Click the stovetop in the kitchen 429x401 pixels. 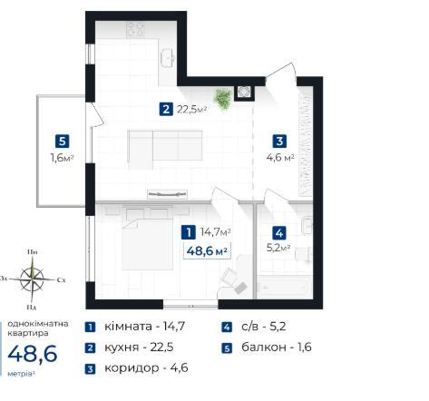pos(135,29)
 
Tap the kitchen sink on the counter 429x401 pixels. pos(168,57)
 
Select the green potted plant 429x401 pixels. pos(223,99)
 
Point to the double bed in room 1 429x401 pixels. pos(147,243)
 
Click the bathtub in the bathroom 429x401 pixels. pos(284,286)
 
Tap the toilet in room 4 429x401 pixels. pos(303,254)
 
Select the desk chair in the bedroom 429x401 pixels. pos(229,277)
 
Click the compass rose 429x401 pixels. pos(32,279)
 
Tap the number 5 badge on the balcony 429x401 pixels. pos(63,142)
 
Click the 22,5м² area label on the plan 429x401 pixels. pos(191,109)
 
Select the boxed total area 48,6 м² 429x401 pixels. pos(207,250)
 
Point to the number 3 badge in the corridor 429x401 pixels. pos(279,142)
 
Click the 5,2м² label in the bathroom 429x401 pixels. pos(278,248)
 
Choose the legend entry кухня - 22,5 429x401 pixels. pos(139,347)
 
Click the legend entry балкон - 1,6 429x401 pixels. pos(277,347)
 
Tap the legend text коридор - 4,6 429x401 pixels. pos(146,368)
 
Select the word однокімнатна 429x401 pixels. pos(38,324)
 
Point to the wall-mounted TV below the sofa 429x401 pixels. pos(167,194)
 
